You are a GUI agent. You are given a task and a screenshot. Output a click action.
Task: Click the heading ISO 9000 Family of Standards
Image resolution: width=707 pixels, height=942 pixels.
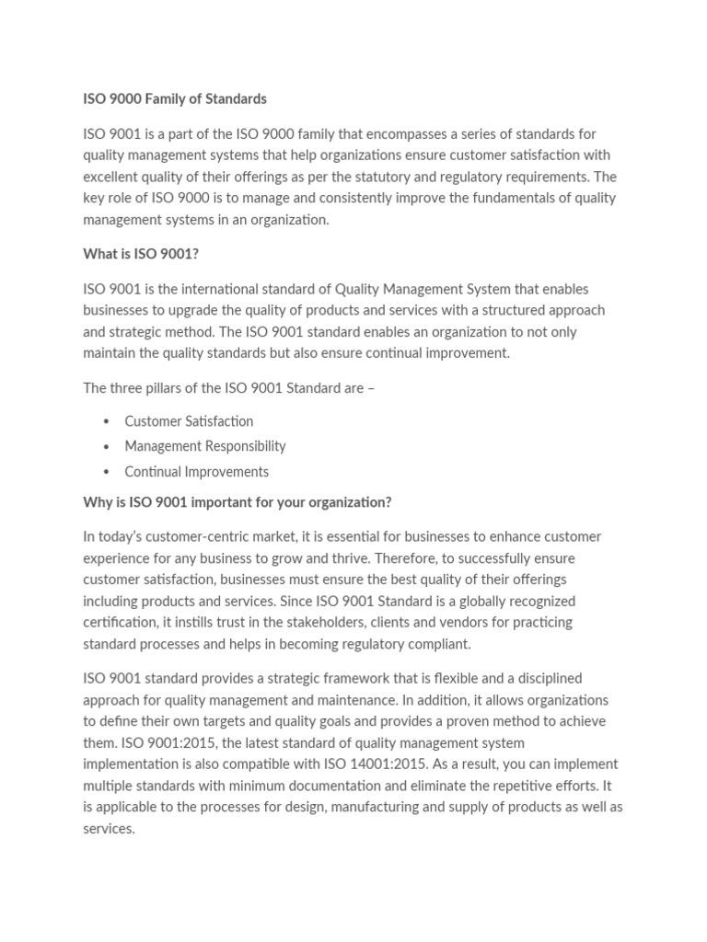click(175, 98)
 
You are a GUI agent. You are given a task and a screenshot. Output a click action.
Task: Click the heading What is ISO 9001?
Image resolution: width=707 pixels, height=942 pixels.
click(141, 254)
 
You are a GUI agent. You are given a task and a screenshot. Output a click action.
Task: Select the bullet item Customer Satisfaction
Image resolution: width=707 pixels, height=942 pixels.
click(189, 421)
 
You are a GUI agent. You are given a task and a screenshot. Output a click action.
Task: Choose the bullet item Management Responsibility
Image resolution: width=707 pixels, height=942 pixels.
click(205, 446)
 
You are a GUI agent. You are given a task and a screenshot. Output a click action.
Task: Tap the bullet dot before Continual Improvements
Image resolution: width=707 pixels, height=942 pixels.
click(107, 472)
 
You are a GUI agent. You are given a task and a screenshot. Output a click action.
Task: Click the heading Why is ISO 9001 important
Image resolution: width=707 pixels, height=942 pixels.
click(237, 502)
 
